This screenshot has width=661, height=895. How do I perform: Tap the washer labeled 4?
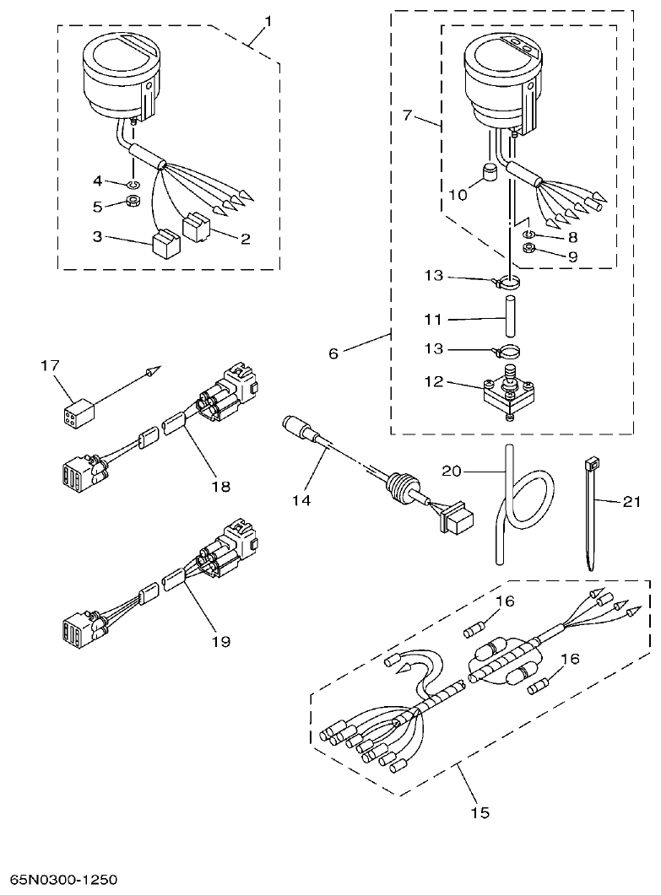(133, 184)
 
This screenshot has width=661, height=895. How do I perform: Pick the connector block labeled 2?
(198, 228)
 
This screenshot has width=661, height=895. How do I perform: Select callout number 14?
(301, 500)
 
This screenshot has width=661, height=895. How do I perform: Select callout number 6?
(333, 353)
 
